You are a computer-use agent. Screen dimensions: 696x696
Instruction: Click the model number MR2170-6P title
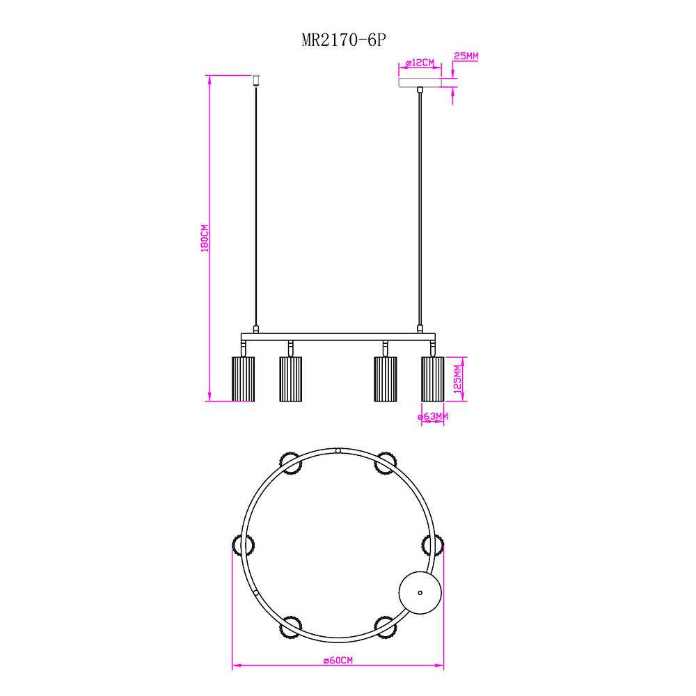(344, 40)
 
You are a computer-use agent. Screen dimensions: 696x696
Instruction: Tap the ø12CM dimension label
(420, 63)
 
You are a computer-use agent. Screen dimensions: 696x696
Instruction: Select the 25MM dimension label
(466, 56)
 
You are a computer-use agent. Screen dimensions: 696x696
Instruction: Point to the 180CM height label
(205, 238)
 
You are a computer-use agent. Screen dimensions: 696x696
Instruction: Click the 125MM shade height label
(458, 379)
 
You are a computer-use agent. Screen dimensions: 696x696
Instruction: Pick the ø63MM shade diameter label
(433, 416)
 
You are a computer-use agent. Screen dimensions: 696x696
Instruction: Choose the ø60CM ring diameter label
(338, 661)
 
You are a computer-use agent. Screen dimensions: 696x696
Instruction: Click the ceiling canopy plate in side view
(420, 83)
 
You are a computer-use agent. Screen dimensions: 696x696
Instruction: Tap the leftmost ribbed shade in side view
(243, 379)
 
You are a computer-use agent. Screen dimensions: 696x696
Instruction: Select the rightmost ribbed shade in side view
(433, 379)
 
